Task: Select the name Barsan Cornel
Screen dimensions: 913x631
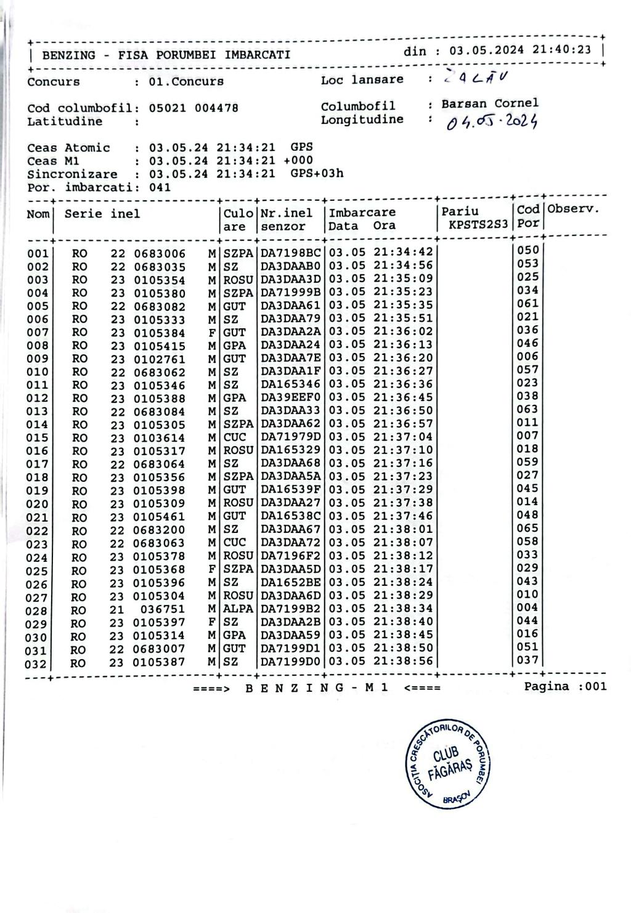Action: [490, 103]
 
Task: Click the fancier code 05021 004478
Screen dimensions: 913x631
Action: [193, 108]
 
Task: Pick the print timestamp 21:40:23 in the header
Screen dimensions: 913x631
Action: [562, 50]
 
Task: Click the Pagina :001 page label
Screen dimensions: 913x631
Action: [565, 686]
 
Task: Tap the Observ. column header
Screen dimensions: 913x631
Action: [573, 209]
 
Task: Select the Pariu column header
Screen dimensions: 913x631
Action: [460, 211]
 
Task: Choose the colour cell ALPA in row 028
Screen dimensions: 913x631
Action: [238, 609]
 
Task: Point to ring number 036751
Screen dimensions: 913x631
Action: [159, 609]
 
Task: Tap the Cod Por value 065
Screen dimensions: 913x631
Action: [527, 529]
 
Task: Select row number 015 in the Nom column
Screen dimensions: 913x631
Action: [37, 438]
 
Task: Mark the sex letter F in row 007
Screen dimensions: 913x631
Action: [211, 333]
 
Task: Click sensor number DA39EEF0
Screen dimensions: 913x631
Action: [290, 397]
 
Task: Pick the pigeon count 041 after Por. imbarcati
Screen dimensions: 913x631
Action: [160, 187]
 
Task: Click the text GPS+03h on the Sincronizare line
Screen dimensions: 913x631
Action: [317, 174]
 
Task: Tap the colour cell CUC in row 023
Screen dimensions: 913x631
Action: [234, 543]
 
